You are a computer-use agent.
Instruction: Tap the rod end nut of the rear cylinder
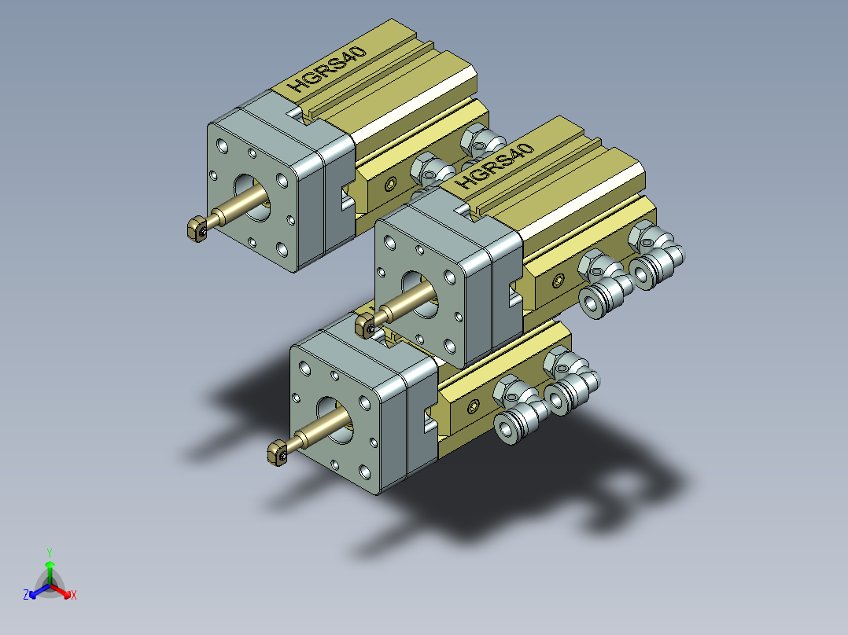196,229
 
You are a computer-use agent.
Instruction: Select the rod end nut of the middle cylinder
365,324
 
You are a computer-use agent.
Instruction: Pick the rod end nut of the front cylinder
277,453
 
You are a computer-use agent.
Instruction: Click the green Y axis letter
49,552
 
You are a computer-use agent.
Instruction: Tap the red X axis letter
73,595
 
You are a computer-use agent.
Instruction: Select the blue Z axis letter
26,595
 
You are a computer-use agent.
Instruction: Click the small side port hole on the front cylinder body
472,407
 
